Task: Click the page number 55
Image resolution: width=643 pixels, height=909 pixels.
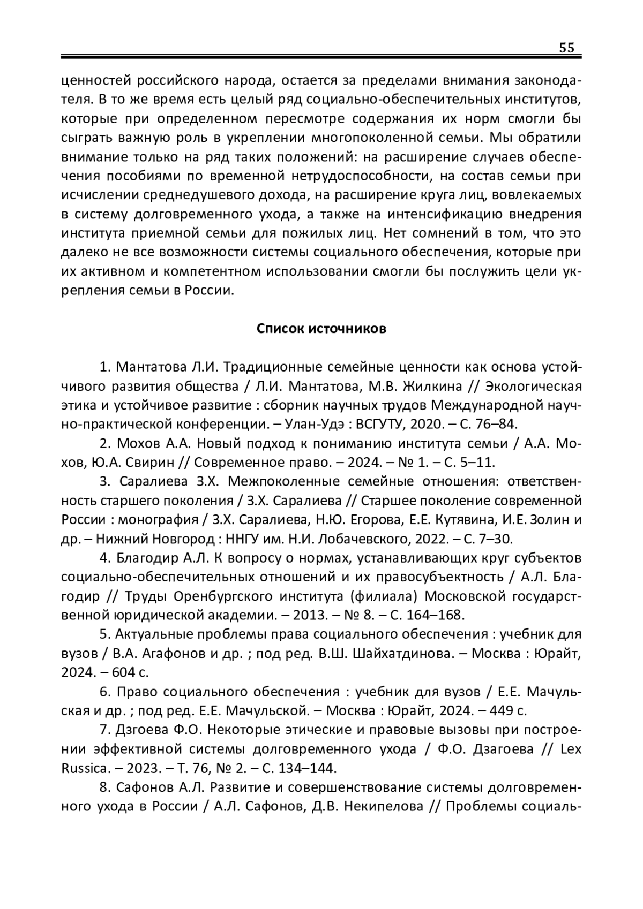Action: point(566,48)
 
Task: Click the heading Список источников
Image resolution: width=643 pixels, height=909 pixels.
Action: point(322,328)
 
